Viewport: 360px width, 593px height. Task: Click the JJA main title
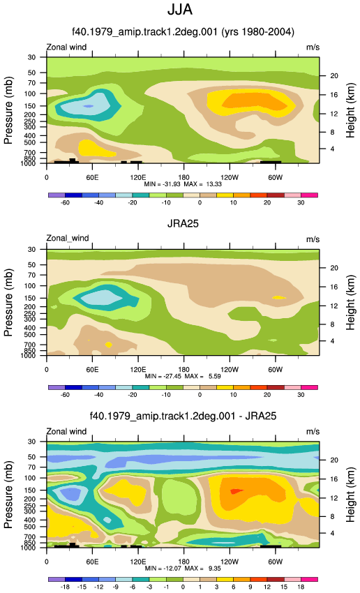[180, 10]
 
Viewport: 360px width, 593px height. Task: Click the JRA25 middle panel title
[183, 223]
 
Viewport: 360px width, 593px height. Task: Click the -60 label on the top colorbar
[65, 203]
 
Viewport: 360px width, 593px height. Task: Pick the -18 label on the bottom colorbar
[65, 587]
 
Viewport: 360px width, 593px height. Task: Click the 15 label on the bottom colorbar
[284, 587]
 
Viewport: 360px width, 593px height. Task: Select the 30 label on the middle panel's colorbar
[301, 395]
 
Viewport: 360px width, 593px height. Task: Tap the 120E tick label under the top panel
[137, 177]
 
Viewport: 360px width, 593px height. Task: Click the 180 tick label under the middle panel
[183, 370]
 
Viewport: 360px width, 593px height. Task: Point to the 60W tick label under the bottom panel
[276, 562]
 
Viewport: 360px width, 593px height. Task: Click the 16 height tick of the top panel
[334, 95]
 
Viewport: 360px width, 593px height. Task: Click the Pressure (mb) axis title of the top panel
[8, 110]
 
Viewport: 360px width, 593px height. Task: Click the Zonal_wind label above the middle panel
[68, 239]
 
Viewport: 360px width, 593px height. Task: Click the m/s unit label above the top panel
[313, 47]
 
